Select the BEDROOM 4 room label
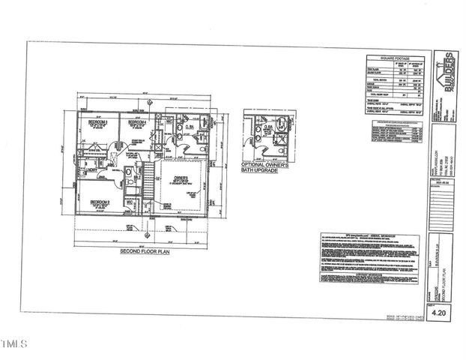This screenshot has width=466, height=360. [x=136, y=121]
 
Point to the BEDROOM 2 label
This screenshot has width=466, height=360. [x=100, y=202]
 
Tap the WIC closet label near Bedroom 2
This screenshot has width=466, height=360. [x=130, y=200]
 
